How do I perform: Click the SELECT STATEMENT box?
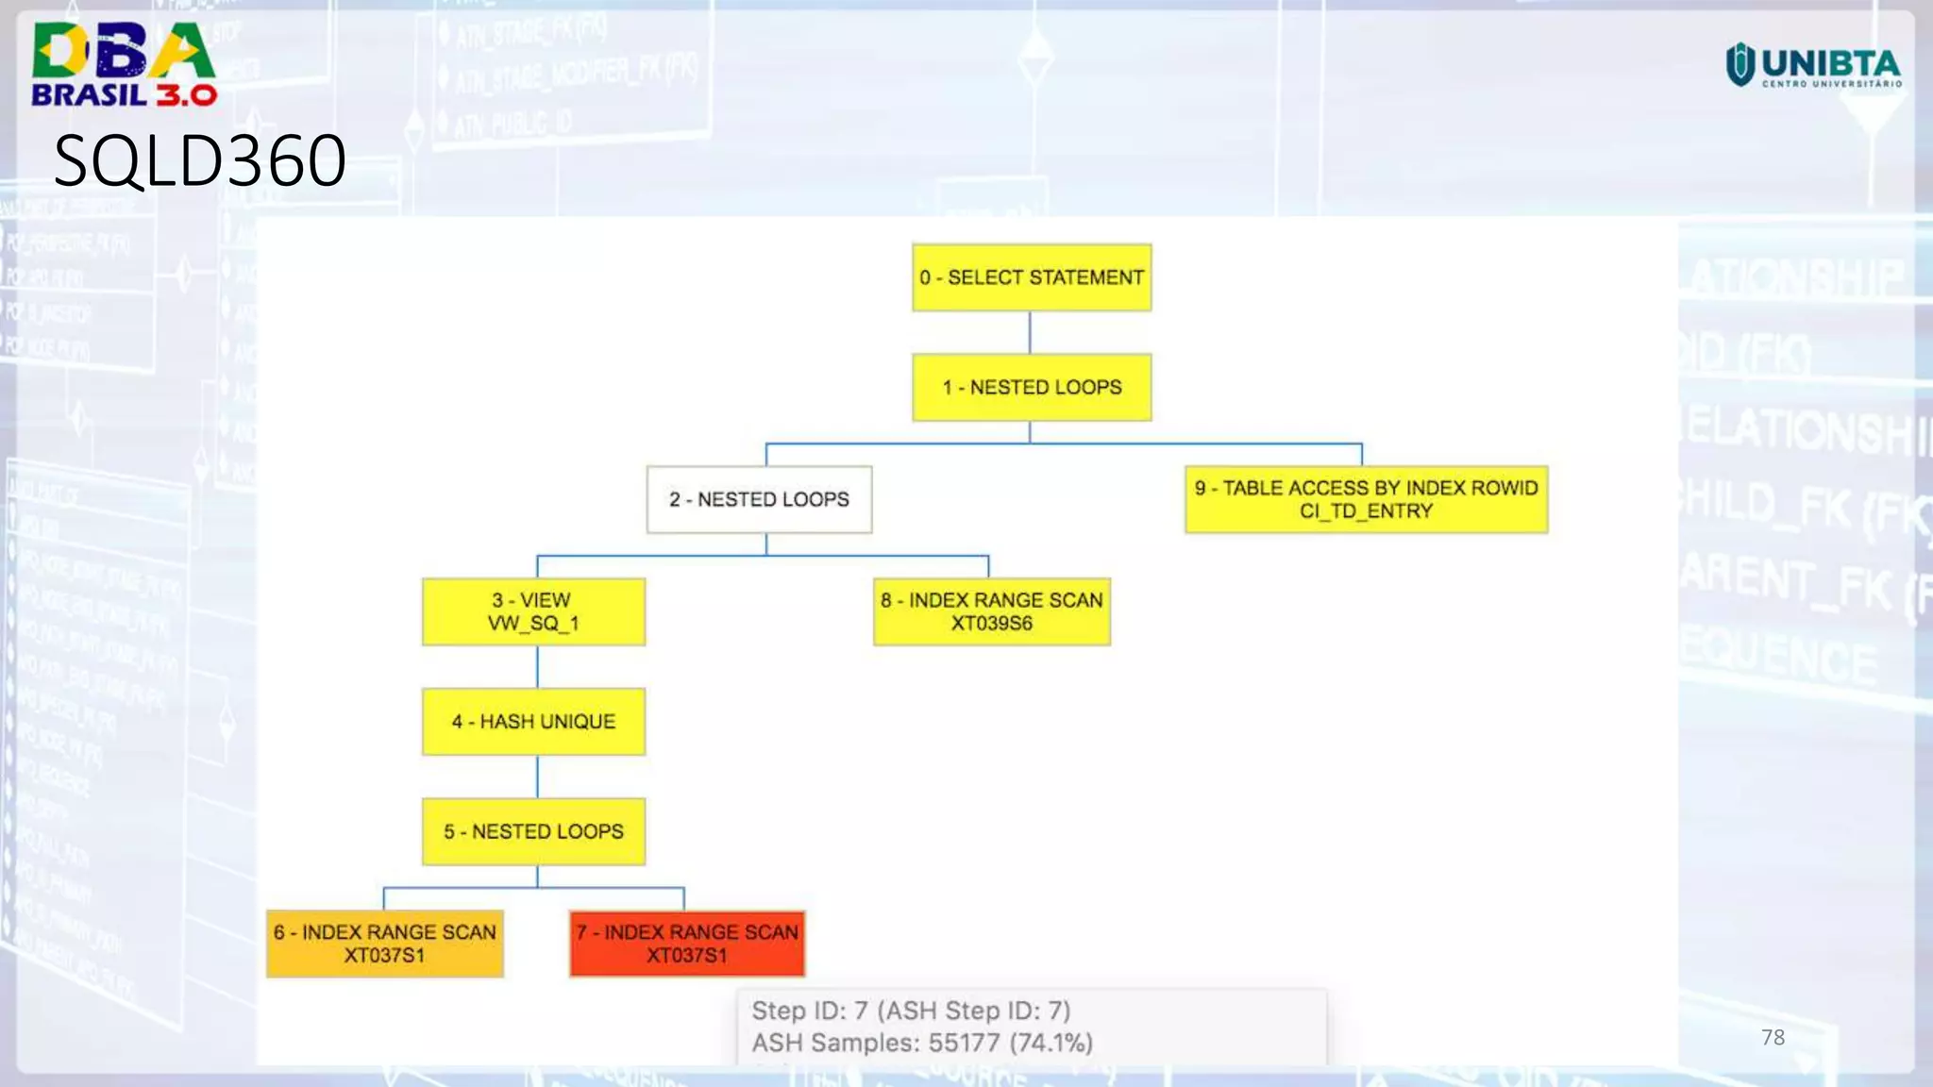[x=1031, y=277]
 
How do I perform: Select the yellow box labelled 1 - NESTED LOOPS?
[x=1031, y=387]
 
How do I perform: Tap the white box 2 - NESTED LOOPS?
[x=759, y=499]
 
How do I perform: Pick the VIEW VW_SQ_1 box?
[x=533, y=611]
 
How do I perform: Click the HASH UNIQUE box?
[x=533, y=722]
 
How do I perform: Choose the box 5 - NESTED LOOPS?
[x=533, y=831]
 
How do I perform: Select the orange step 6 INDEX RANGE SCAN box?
[x=384, y=944]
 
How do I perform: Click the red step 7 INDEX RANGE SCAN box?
[x=687, y=944]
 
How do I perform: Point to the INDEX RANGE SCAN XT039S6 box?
[x=991, y=611]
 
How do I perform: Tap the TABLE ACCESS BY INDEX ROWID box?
[x=1366, y=499]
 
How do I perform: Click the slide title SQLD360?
[x=200, y=160]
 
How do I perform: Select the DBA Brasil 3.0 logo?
[x=124, y=64]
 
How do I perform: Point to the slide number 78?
[x=1773, y=1038]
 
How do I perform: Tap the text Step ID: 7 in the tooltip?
[x=809, y=1011]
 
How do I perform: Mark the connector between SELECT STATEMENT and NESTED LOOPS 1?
[x=1030, y=332]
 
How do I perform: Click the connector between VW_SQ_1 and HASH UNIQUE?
[x=537, y=667]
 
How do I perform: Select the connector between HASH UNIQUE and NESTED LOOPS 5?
[x=537, y=777]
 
